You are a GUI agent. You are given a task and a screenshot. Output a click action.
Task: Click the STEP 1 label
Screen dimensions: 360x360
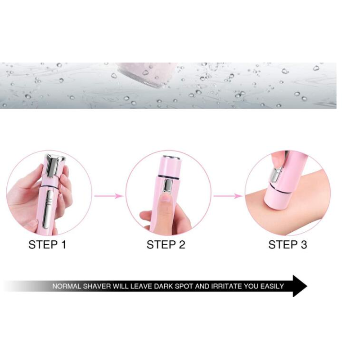(48, 245)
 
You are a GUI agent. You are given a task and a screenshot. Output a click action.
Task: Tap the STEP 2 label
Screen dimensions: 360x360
(166, 245)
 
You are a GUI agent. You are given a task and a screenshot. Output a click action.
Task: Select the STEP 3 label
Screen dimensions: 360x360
(288, 245)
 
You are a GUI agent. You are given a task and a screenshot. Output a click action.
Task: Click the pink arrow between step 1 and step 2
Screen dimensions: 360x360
(109, 196)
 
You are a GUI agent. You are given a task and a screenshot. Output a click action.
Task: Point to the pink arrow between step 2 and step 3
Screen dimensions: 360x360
(228, 196)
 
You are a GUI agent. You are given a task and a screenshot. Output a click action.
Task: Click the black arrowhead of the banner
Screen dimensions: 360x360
(299, 286)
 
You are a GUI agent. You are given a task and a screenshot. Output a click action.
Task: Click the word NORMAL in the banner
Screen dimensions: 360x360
(67, 286)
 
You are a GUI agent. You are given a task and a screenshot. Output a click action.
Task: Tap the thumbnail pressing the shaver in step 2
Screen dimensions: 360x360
(166, 198)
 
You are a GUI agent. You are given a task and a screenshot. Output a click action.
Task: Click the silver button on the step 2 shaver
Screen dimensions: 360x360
(168, 186)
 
